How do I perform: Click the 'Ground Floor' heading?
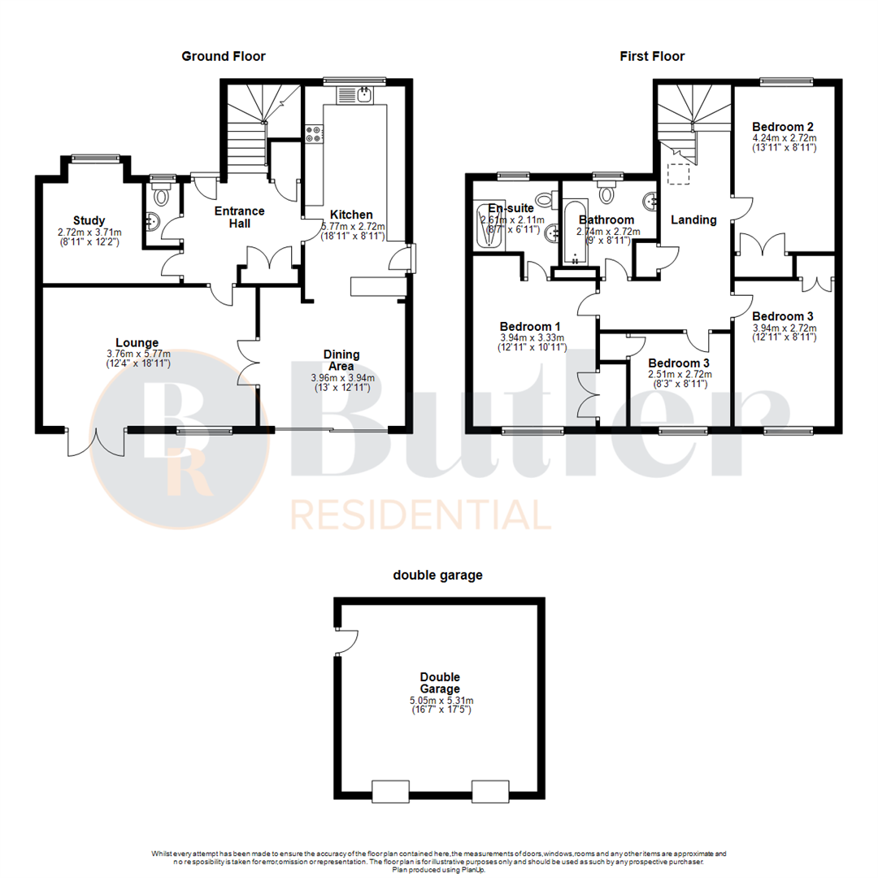tap(223, 56)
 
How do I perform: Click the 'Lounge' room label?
tap(137, 342)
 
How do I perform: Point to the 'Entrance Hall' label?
tap(239, 217)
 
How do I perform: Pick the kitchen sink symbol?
tap(363, 96)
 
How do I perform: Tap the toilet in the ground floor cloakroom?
tap(162, 194)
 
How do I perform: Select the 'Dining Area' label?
tap(341, 360)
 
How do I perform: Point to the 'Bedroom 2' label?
tap(783, 127)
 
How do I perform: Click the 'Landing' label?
tap(693, 219)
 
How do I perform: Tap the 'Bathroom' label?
tap(606, 220)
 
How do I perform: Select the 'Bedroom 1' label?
tap(526, 327)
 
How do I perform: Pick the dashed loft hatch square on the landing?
tap(678, 174)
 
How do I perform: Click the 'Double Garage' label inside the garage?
tap(441, 683)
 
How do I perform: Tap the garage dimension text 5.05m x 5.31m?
tap(441, 700)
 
